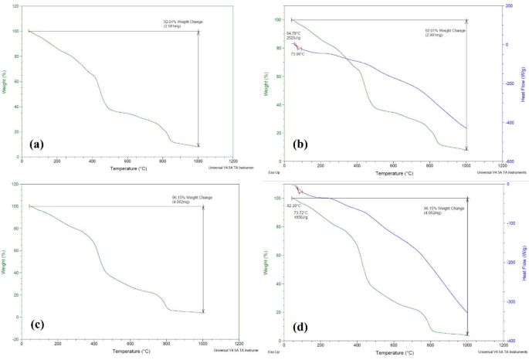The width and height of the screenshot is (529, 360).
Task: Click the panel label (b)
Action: (302, 144)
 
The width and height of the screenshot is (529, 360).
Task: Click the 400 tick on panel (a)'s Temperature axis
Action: (92, 161)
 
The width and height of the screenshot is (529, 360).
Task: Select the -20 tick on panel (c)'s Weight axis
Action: (15, 338)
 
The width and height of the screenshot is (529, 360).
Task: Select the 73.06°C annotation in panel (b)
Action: (298, 54)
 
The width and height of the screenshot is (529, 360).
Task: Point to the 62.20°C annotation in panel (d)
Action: (294, 205)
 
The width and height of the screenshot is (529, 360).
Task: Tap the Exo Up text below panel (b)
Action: (273, 172)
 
